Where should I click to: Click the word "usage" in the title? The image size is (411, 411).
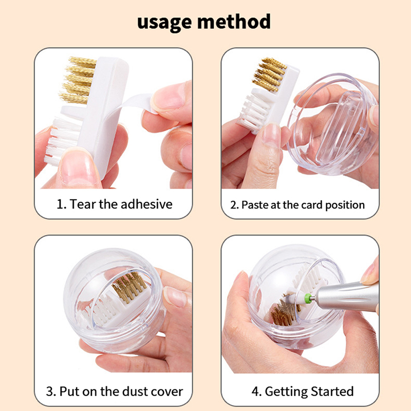point(164,23)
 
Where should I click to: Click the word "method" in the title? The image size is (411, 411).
point(234,21)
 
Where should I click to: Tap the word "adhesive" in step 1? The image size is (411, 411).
point(146,204)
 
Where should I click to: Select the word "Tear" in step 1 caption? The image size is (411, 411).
point(83,204)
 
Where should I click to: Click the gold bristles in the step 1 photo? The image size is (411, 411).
point(78,80)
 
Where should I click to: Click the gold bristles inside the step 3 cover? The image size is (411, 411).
point(128,287)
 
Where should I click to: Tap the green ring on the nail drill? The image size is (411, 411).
point(306,298)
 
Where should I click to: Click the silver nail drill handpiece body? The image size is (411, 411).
point(346,297)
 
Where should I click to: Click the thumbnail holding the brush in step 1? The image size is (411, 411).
point(75,168)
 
